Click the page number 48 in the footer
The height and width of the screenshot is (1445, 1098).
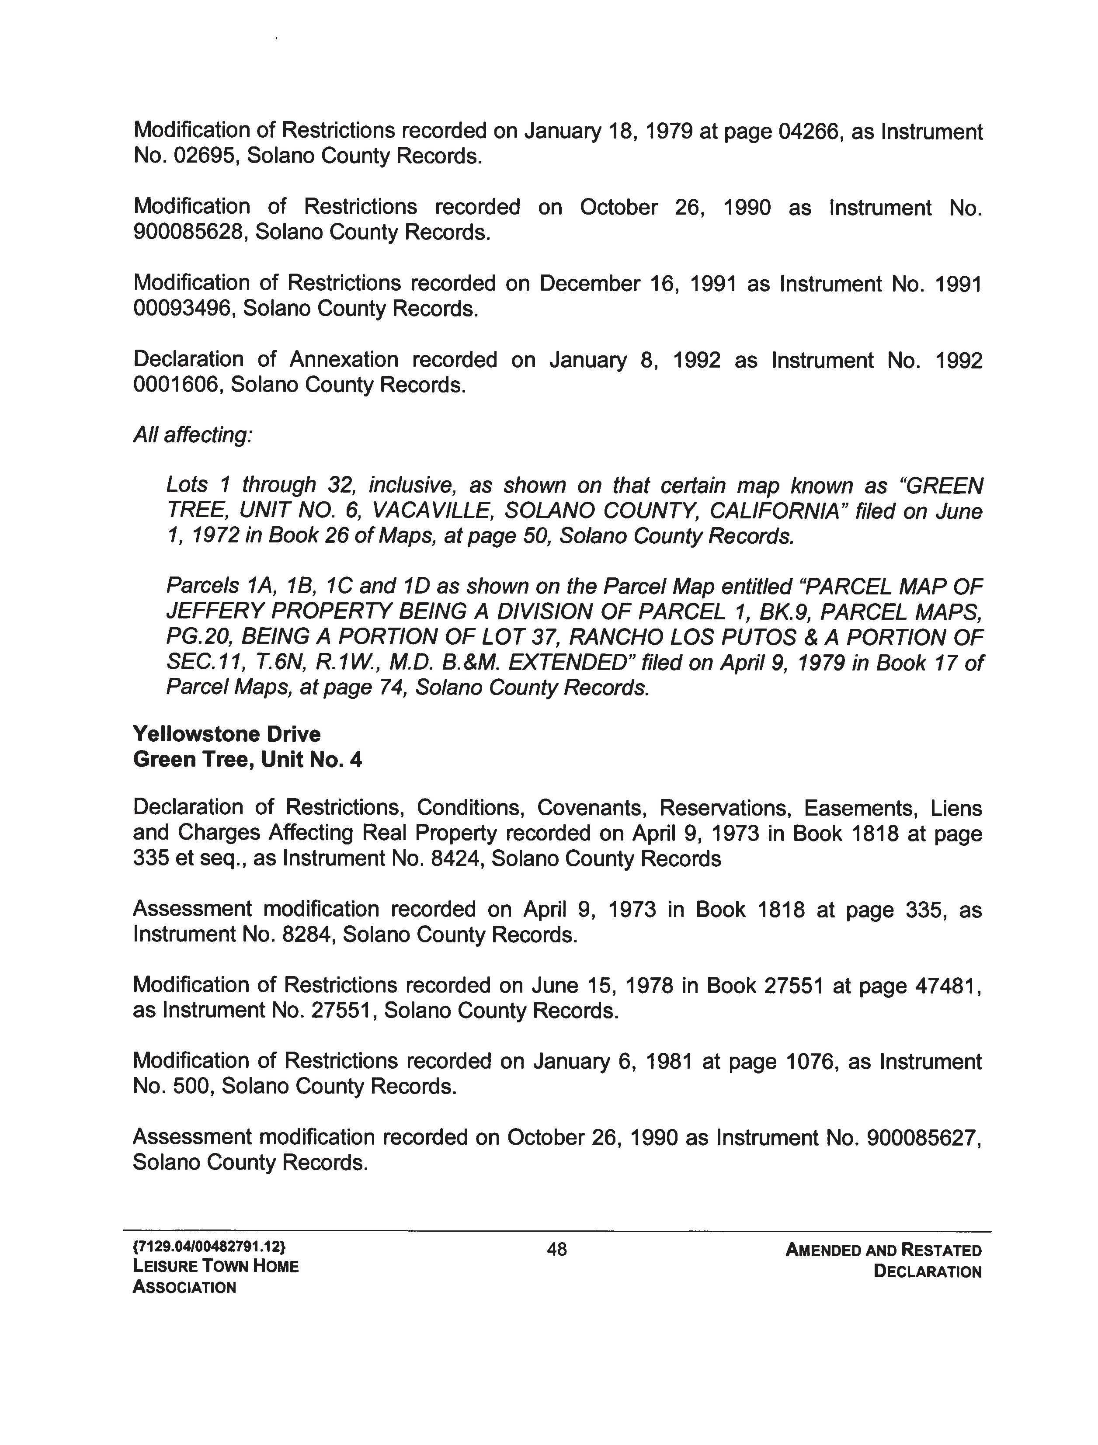pyautogui.click(x=557, y=1250)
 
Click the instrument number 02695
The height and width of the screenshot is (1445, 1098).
pyautogui.click(x=192, y=157)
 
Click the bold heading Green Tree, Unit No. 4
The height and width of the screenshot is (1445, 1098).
pyautogui.click(x=247, y=760)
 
